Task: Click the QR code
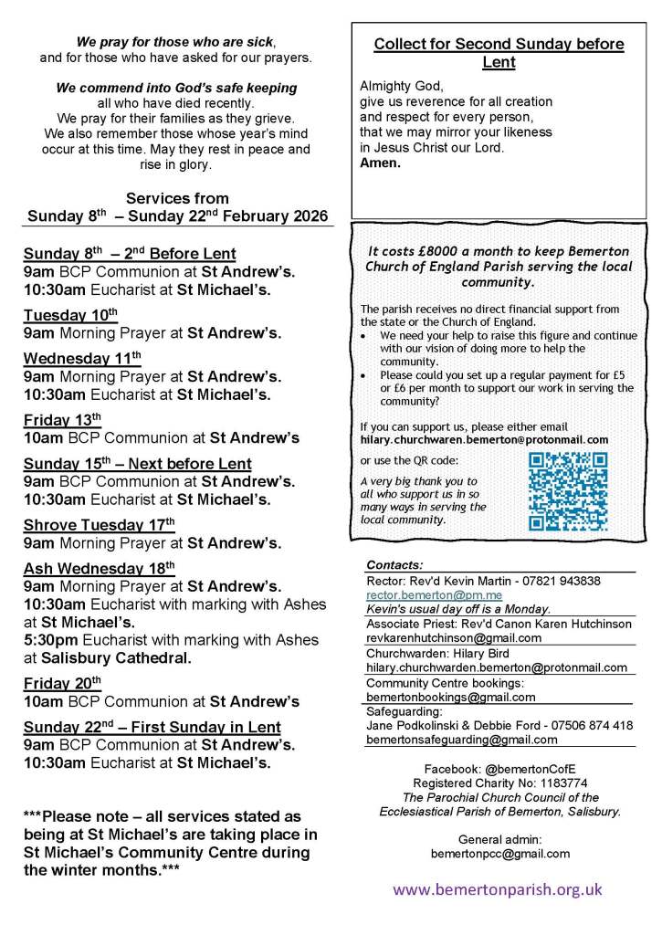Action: (x=568, y=491)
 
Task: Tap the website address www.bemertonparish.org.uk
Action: (x=498, y=888)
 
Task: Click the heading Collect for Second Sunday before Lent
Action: (x=499, y=53)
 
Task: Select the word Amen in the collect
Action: (x=380, y=163)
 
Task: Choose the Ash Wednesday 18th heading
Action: (x=99, y=568)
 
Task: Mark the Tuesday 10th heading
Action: (x=70, y=315)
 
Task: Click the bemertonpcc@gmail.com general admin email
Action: (x=499, y=854)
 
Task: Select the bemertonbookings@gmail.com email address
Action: (x=450, y=698)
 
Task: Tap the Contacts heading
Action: (x=394, y=565)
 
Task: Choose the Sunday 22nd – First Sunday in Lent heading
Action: (x=152, y=727)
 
